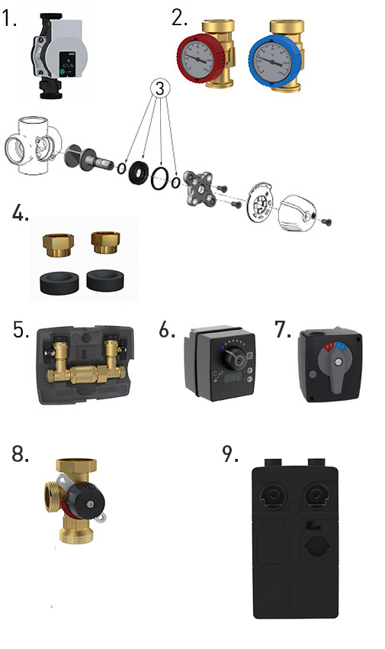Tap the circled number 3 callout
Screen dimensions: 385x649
pos(160,88)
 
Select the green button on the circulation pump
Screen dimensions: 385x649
pos(63,73)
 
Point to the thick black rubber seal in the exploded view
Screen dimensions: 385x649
pos(138,171)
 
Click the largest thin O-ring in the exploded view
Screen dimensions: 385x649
pos(159,178)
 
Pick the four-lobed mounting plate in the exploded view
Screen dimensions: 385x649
pos(200,189)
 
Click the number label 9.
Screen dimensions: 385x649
pos(230,454)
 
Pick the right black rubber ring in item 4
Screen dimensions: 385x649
pos(105,280)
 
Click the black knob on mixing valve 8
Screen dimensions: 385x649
pos(85,502)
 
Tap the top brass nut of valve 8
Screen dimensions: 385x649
pos(76,465)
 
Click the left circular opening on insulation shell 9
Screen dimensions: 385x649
pos(273,496)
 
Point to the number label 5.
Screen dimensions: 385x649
pos(21,329)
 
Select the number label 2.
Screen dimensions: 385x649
pos(180,18)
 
